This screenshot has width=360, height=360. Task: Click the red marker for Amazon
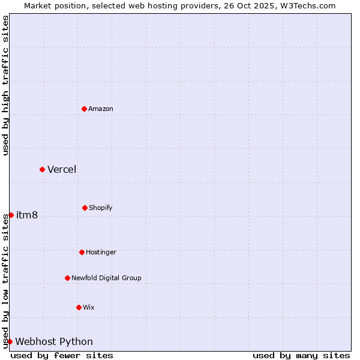coord(84,109)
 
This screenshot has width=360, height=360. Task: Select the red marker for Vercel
coord(42,169)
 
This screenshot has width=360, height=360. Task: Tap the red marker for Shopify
coord(85,208)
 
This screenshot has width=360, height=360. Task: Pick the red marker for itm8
coord(11,215)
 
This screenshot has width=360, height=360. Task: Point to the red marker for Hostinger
coord(82,252)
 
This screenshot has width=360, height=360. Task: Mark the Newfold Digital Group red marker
coord(67,278)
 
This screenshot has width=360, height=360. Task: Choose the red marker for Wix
coord(79,307)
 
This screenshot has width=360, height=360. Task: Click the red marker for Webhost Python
coord(10,341)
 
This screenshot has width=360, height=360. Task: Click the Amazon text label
coord(101,109)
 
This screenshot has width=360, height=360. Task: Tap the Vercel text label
coord(62,169)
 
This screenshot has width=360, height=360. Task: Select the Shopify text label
coord(101,208)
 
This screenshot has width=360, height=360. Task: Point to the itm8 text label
coord(27,215)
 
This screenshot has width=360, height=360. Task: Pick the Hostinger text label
coord(101,252)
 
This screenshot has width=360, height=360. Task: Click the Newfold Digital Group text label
coord(106,278)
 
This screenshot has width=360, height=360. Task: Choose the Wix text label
coord(89,307)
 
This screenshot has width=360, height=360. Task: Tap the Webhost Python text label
coord(54,341)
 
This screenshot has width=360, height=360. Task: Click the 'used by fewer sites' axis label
coord(62,355)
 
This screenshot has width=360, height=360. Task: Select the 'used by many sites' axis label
coord(301,355)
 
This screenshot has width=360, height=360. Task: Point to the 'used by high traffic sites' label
coord(5,85)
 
